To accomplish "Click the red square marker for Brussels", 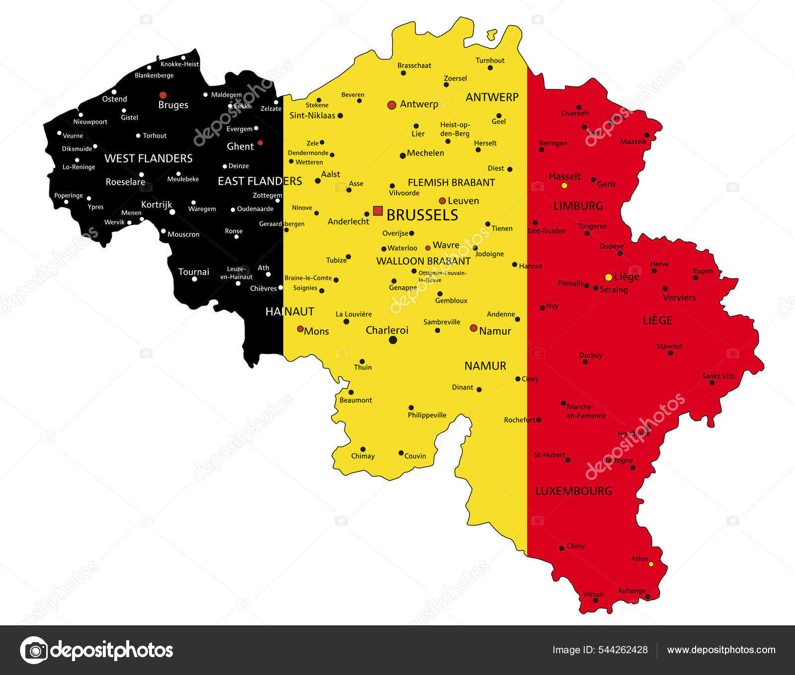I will pyautogui.click(x=378, y=211).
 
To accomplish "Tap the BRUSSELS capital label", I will pyautogui.click(x=422, y=215).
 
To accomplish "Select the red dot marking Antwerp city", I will pyautogui.click(x=392, y=105).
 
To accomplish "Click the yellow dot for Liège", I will pyautogui.click(x=608, y=277).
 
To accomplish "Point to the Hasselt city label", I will pyautogui.click(x=564, y=176).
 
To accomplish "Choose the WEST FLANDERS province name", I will pyautogui.click(x=148, y=158).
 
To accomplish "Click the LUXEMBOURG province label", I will pyautogui.click(x=573, y=491).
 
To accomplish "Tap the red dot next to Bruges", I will pyautogui.click(x=162, y=95).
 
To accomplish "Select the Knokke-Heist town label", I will pyautogui.click(x=179, y=64).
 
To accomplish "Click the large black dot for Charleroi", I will pyautogui.click(x=393, y=340).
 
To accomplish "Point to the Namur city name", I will pyautogui.click(x=495, y=331).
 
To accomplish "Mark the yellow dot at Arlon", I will pyautogui.click(x=651, y=564).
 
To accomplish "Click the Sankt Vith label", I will pyautogui.click(x=718, y=376).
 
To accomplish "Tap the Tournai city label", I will pyautogui.click(x=194, y=272).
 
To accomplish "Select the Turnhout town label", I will pyautogui.click(x=490, y=61).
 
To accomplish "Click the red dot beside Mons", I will pyautogui.click(x=300, y=329).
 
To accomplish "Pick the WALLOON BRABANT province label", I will pyautogui.click(x=423, y=261).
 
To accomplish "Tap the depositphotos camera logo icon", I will pyautogui.click(x=34, y=650).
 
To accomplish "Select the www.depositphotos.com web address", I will pyautogui.click(x=721, y=650).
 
